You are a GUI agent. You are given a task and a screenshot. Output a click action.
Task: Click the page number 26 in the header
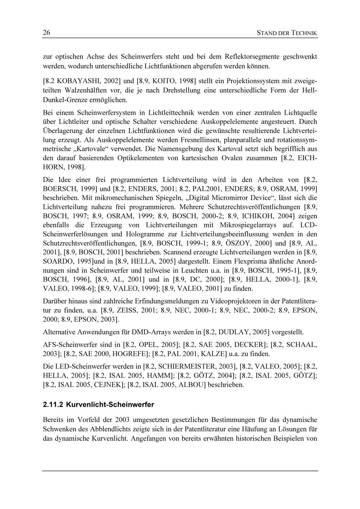point(46,33)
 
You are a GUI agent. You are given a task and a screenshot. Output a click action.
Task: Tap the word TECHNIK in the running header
point(304,33)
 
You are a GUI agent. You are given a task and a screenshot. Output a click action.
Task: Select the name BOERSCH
point(59,188)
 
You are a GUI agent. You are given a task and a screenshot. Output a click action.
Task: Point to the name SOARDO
point(58,261)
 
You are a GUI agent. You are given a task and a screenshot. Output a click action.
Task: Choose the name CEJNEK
point(105,385)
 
